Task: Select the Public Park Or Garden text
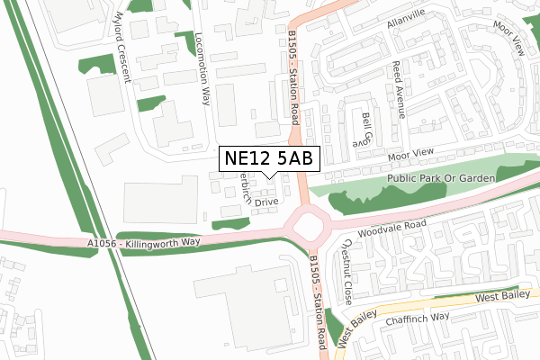(442, 179)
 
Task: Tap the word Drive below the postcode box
(266, 202)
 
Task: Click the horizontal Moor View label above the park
(410, 152)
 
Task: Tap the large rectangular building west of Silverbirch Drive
(160, 200)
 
